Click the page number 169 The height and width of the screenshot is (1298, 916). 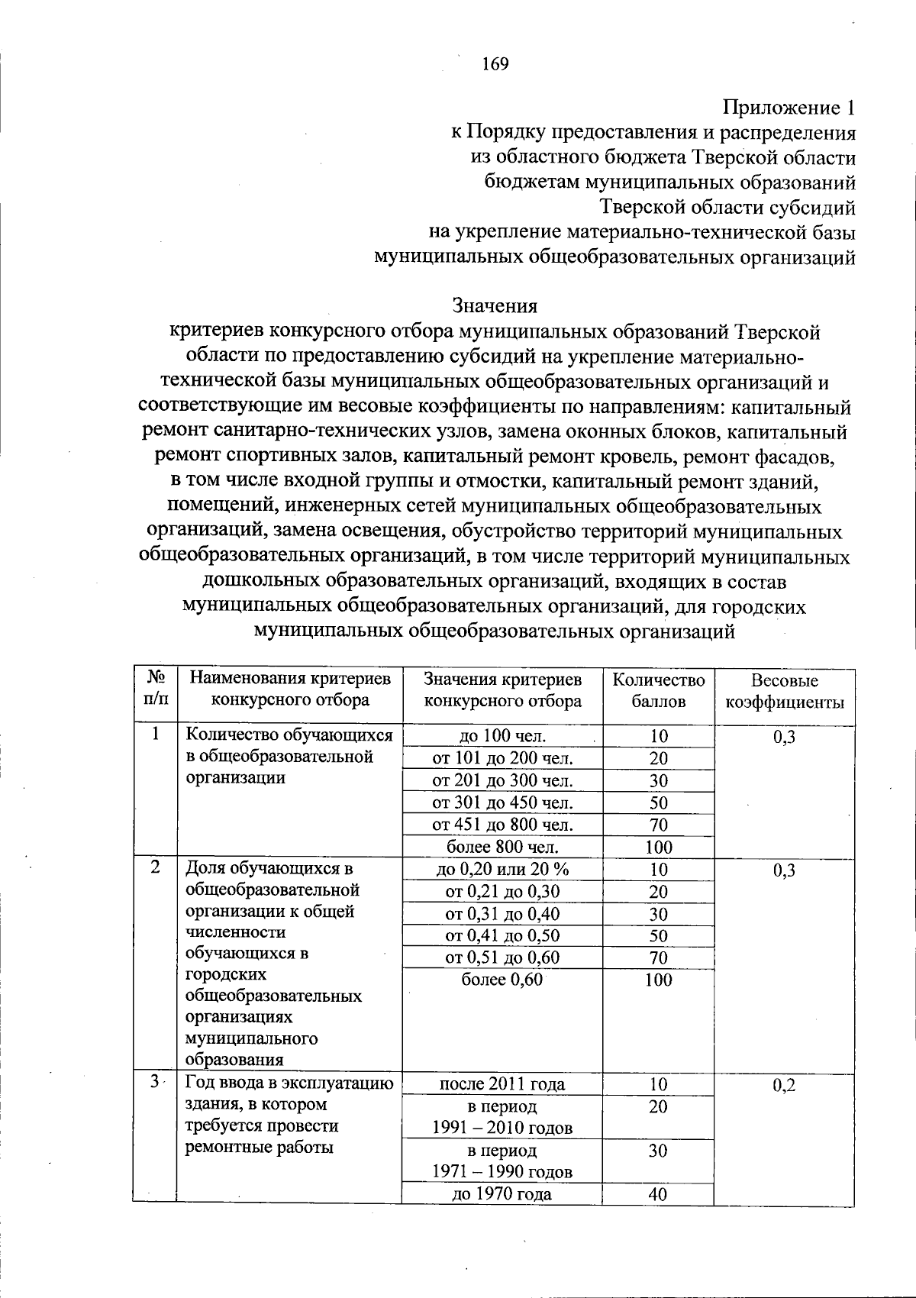495,64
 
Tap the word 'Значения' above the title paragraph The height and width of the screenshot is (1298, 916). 495,306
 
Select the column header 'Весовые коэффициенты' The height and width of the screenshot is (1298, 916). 784,691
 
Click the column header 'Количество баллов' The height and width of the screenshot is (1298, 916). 658,690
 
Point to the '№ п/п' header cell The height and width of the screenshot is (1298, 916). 156,688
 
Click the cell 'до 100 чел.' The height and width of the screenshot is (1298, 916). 502,737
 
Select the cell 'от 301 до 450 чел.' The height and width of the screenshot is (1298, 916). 502,802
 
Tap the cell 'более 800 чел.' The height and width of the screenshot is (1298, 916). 502,847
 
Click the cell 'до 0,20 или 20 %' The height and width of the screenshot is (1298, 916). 502,869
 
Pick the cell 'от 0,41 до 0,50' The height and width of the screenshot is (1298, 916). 502,935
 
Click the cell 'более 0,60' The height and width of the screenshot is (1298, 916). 502,980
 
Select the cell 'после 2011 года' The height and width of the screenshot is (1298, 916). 502,1084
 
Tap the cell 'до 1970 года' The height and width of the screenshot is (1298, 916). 502,1195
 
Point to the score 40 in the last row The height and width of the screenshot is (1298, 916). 658,1195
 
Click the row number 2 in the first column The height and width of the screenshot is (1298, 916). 156,867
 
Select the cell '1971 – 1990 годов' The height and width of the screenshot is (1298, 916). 502,1171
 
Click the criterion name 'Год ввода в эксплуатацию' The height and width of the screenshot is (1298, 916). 290,1083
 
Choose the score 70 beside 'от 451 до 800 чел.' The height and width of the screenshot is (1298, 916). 658,825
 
